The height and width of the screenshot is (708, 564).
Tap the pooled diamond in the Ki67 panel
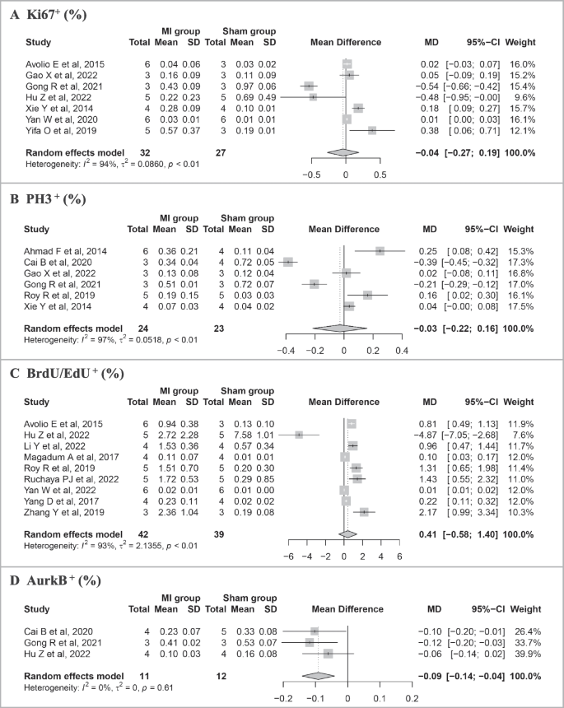tap(343, 153)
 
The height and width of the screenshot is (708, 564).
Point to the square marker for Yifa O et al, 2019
tap(372, 131)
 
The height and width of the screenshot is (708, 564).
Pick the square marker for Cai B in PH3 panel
tap(287, 262)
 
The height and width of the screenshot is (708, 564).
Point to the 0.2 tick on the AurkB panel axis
tap(410, 697)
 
